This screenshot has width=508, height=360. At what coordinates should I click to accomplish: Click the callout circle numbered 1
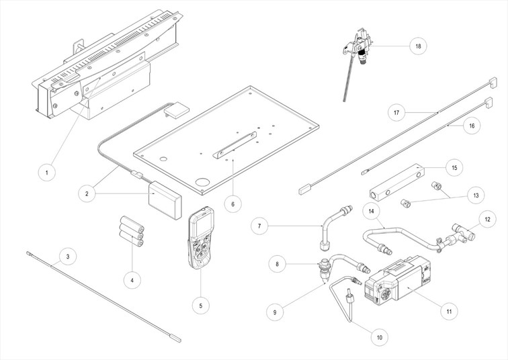point(46,173)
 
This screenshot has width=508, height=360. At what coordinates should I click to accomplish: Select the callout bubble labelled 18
point(418,46)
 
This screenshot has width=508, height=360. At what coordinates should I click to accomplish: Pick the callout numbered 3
point(65,256)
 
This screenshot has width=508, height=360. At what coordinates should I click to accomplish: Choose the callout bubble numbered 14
point(372,211)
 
